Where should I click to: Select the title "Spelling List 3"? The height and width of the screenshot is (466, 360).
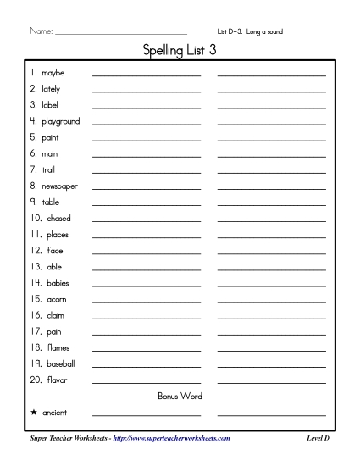[x=180, y=52]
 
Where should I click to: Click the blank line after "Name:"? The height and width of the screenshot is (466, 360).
[x=119, y=34]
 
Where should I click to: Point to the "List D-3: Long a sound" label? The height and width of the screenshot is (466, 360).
[x=251, y=31]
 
